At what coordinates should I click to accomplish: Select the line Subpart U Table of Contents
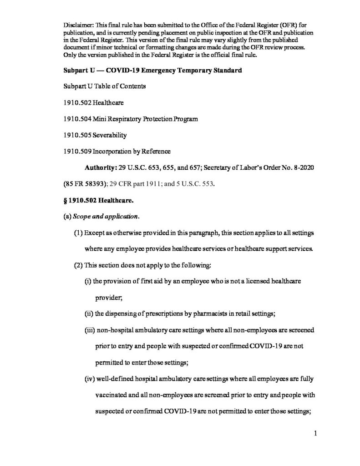(104, 86)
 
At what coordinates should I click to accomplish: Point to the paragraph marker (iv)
(89, 379)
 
